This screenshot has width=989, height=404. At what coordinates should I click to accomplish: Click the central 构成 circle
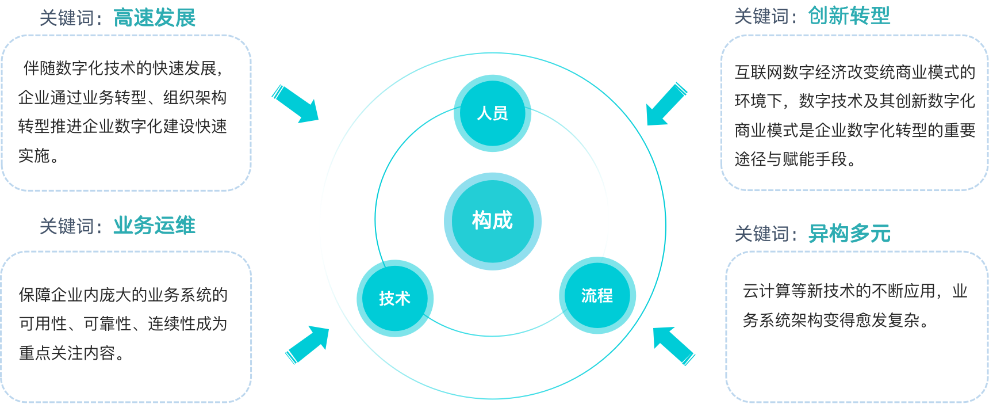tap(492, 221)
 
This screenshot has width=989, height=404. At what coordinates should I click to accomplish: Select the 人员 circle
tap(492, 113)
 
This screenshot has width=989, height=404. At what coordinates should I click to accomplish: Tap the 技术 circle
tap(395, 298)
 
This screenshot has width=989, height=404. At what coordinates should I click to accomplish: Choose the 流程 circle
tap(597, 296)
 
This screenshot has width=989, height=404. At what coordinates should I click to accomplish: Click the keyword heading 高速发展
tap(154, 18)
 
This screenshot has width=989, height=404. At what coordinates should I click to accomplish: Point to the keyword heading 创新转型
tap(849, 16)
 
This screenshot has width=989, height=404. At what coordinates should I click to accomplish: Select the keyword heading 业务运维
tap(154, 226)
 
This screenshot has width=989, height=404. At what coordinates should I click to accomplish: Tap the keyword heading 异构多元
tap(849, 234)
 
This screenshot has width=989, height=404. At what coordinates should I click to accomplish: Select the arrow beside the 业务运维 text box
tap(308, 344)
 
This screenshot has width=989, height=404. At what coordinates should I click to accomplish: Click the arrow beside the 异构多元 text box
tap(673, 345)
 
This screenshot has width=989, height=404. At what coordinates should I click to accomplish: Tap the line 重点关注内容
tap(71, 353)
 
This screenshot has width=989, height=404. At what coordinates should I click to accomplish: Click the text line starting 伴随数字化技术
tap(122, 68)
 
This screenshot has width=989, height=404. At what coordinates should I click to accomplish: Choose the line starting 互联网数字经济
tap(854, 72)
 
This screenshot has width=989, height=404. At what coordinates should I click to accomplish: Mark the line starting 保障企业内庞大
tap(123, 295)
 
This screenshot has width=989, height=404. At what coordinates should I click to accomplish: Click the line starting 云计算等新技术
tap(854, 291)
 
